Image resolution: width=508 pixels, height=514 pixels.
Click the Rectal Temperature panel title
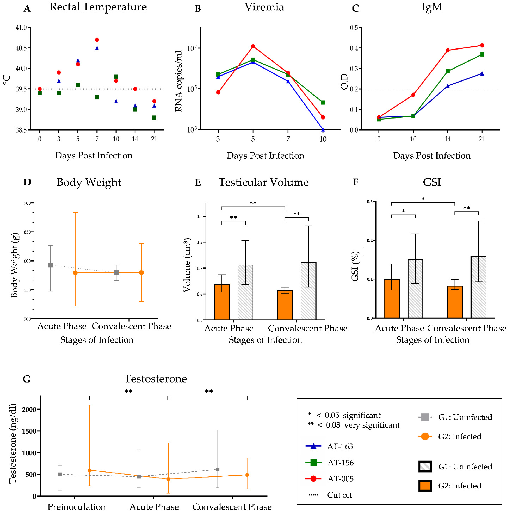coord(98,7)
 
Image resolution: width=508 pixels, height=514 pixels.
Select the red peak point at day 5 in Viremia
coord(253,46)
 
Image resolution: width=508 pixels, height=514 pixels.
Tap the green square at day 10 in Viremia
coord(323,102)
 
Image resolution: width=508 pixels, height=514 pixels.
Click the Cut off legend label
coord(339,495)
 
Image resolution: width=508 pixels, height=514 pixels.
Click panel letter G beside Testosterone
coord(27,379)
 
